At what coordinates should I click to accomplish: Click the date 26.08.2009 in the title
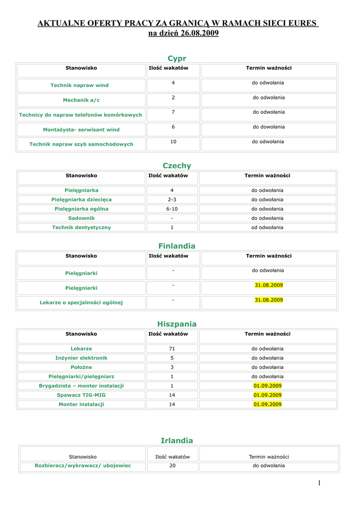point(198,33)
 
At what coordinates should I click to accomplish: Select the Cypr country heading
point(177,58)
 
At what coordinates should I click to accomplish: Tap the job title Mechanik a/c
point(81,100)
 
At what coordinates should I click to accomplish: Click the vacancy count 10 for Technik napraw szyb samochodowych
point(173,142)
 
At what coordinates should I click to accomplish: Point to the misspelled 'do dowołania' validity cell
point(269,127)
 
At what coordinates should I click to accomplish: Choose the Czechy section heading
point(177,166)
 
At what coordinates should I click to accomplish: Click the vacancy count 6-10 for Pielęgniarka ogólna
point(172,209)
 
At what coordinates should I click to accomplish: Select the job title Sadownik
point(81,218)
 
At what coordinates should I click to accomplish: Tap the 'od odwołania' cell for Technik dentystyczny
point(268,227)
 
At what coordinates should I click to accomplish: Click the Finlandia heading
point(177,246)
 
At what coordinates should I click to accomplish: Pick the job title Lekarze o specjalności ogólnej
point(81,302)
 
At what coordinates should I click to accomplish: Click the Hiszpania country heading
point(177,324)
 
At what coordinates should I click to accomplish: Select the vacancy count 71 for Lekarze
point(172,348)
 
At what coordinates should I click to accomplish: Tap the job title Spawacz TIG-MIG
point(81,395)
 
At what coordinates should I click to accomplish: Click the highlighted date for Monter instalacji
point(268,404)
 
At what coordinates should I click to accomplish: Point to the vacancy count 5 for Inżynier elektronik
point(172,357)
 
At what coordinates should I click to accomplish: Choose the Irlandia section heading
point(177,440)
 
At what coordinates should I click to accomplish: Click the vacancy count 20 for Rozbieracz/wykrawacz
point(173,466)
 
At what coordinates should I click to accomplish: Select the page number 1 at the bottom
point(319,483)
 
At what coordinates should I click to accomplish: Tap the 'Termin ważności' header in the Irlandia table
point(269,456)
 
